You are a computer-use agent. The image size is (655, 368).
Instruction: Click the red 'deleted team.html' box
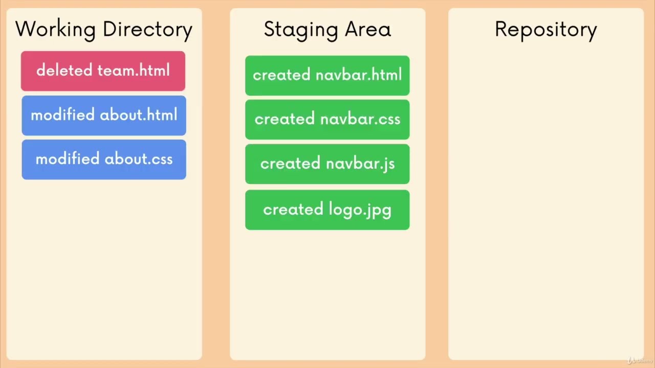tap(103, 71)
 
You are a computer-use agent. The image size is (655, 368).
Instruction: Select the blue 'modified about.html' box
tap(104, 116)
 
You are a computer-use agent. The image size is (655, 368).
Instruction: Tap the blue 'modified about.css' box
tap(104, 159)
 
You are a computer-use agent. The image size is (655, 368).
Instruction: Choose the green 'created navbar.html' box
tap(327, 76)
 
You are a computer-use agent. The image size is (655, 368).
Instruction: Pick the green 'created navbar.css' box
tap(327, 120)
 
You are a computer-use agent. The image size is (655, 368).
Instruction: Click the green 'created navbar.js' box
tap(327, 164)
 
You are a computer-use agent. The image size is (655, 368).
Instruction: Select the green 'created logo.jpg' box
tap(327, 210)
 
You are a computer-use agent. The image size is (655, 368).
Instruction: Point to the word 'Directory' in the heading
tap(147, 30)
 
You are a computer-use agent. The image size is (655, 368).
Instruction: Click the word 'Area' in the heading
tap(368, 29)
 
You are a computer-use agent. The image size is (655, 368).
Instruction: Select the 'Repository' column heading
tap(545, 30)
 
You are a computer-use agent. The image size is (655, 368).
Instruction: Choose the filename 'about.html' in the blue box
tap(139, 115)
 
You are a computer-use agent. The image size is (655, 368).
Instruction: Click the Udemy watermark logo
tap(640, 360)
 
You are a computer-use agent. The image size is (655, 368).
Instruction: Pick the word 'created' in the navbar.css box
tap(285, 120)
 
